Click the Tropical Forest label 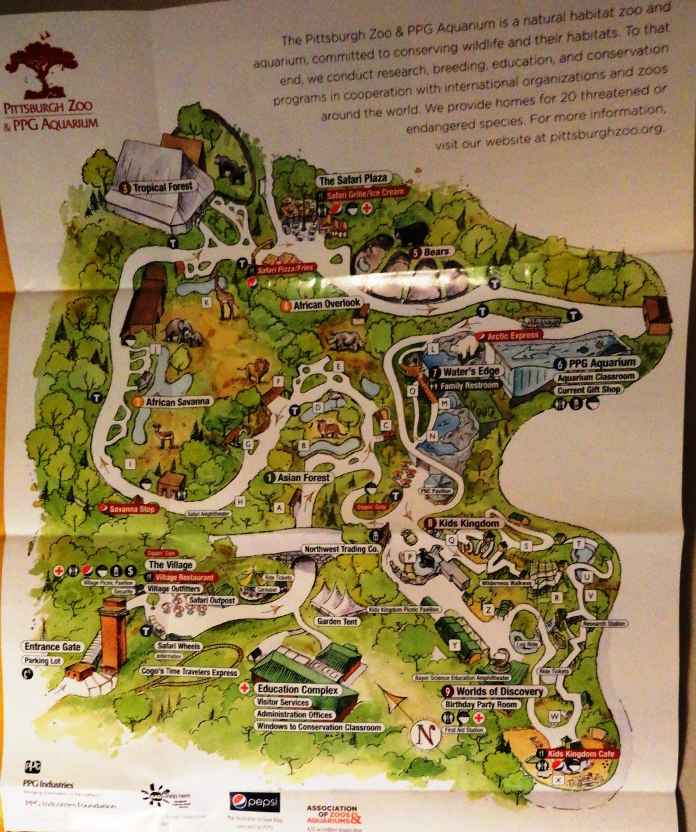click(x=162, y=187)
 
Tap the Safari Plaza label click(x=353, y=181)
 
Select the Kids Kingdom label click(x=468, y=524)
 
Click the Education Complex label click(x=298, y=689)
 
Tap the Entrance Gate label click(x=53, y=647)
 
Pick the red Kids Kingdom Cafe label click(x=580, y=753)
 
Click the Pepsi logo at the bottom click(x=254, y=801)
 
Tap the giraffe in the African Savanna click(x=224, y=294)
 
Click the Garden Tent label click(x=337, y=621)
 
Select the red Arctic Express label click(x=511, y=336)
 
